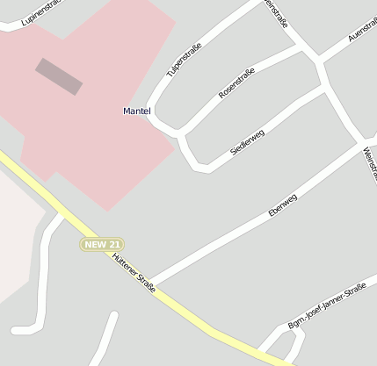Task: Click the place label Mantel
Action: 137,111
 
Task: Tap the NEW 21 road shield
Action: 102,244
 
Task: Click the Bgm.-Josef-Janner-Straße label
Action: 328,308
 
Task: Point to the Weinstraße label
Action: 368,165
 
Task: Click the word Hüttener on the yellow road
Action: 126,266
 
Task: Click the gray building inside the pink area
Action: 59,76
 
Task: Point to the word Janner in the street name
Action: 333,305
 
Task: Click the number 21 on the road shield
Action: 113,244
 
